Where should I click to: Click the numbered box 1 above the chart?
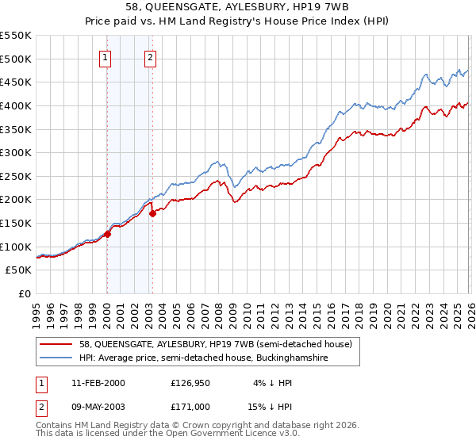pos(106,56)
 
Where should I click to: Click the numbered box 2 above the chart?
pos(150,56)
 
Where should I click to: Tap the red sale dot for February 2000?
pos(107,234)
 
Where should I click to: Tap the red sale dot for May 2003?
pos(152,212)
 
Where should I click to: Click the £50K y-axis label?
pos(18,270)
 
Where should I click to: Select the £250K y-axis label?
pos(15,176)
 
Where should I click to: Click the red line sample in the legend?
pos(57,344)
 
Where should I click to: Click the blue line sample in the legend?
pos(57,358)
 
